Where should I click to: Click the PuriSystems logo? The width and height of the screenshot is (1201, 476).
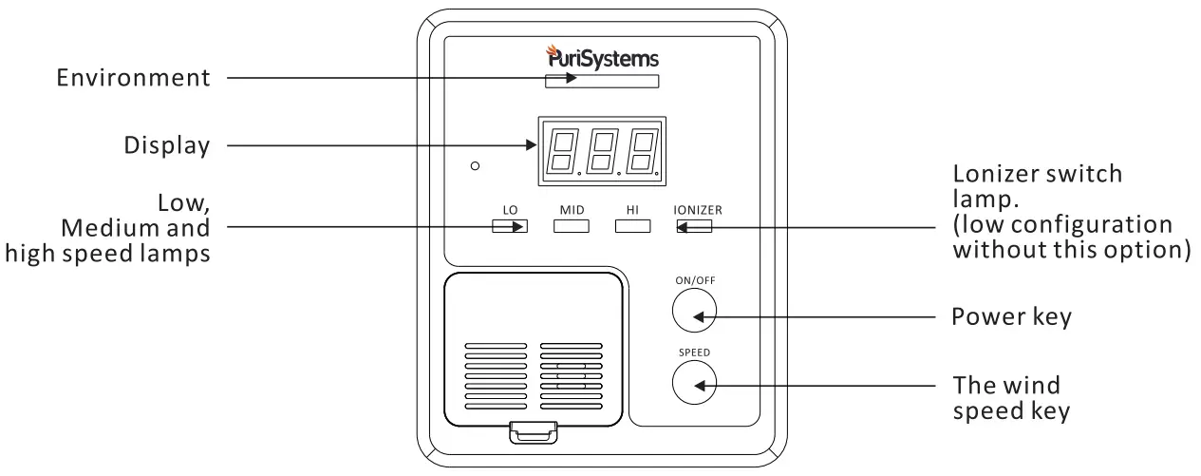tap(601, 57)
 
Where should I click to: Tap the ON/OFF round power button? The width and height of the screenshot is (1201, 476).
tap(694, 308)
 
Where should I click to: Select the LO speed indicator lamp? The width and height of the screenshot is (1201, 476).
tap(510, 226)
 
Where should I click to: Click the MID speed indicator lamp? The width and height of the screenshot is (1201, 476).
tap(572, 226)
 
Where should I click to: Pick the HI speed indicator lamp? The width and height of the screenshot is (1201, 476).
tap(633, 226)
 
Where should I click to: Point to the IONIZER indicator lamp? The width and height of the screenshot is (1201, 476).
tap(694, 226)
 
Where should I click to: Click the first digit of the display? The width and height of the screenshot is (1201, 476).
tap(562, 151)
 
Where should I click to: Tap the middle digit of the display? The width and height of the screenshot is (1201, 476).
tap(602, 151)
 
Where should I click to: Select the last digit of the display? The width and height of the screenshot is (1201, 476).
tap(642, 151)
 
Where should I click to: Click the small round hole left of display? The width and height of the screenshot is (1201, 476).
tap(475, 166)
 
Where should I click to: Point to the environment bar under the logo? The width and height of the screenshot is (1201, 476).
tap(601, 82)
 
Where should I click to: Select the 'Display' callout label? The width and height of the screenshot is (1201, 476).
tap(166, 146)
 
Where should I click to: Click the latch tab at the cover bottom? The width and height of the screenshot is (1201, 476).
tap(534, 433)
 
